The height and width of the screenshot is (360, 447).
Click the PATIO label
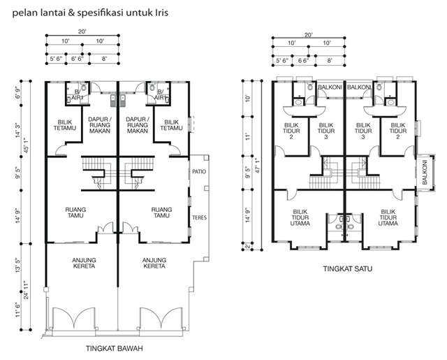tap(199, 171)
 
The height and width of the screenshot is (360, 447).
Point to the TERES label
tap(199, 217)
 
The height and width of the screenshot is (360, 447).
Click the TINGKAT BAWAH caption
tap(115, 348)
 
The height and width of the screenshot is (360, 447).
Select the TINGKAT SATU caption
tap(348, 268)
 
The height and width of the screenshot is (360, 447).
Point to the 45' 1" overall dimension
tap(26, 145)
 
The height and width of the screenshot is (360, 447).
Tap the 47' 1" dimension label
tap(258, 166)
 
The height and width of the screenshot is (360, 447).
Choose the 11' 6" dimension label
tap(17, 310)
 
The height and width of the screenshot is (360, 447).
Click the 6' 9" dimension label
tap(17, 92)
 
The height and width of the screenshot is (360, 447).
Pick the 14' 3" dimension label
tap(17, 130)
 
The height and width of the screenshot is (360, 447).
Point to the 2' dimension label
tap(247, 246)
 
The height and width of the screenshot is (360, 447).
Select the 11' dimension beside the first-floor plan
tap(247, 136)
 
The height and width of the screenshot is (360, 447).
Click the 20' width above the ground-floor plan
tap(82, 31)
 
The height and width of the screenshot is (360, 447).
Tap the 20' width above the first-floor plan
tap(309, 35)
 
